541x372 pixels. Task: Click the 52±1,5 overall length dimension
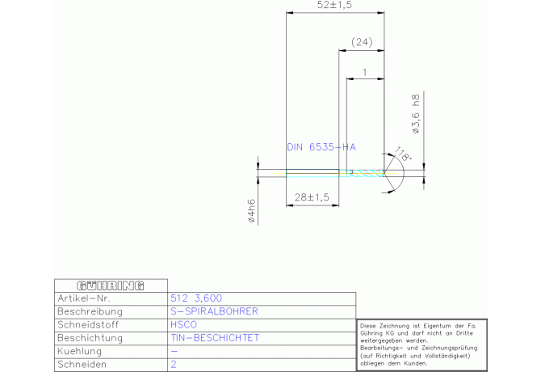coord(334,5)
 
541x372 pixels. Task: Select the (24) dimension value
coord(362,42)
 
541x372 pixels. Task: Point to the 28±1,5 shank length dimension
coord(312,197)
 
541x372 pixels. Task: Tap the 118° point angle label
coord(403,154)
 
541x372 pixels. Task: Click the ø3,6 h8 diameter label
coord(416,114)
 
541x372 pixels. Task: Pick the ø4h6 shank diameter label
coord(251,211)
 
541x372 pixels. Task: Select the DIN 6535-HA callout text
coord(321,147)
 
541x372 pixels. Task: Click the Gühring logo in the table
coord(111,285)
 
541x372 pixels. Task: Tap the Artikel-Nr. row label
coord(84,298)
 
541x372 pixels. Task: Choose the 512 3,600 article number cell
coord(196,298)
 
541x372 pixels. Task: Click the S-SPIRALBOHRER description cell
coord(214,311)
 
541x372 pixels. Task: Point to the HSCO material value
coord(183,324)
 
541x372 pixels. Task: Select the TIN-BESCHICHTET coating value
coord(215,338)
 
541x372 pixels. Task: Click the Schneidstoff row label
coord(88,324)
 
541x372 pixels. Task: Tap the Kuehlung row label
coord(80,351)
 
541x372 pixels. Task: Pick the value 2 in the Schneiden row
coord(174,364)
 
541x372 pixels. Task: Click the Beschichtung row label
coord(90,338)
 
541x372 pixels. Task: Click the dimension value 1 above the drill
coord(365,72)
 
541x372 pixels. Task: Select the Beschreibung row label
coord(90,311)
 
